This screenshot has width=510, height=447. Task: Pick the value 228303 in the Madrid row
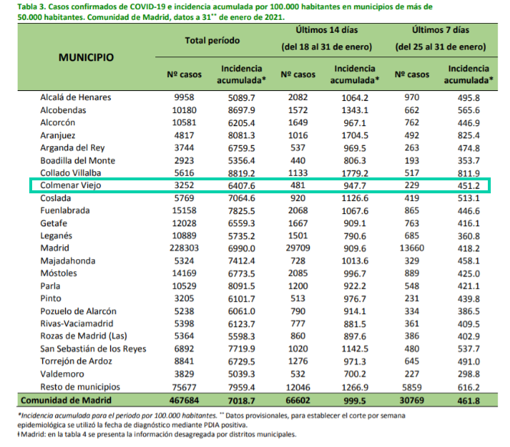pyautogui.click(x=184, y=248)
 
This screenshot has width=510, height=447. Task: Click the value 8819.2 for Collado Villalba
pyautogui.click(x=242, y=173)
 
